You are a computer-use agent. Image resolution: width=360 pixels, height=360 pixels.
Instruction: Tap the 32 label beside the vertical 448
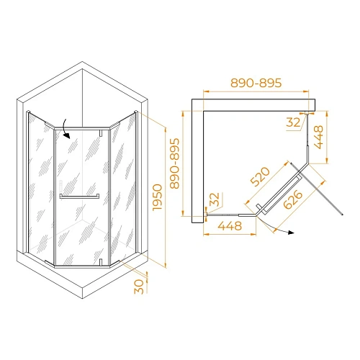pyautogui.click(x=293, y=123)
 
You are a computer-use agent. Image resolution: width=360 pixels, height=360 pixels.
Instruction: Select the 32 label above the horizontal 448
pyautogui.click(x=212, y=199)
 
